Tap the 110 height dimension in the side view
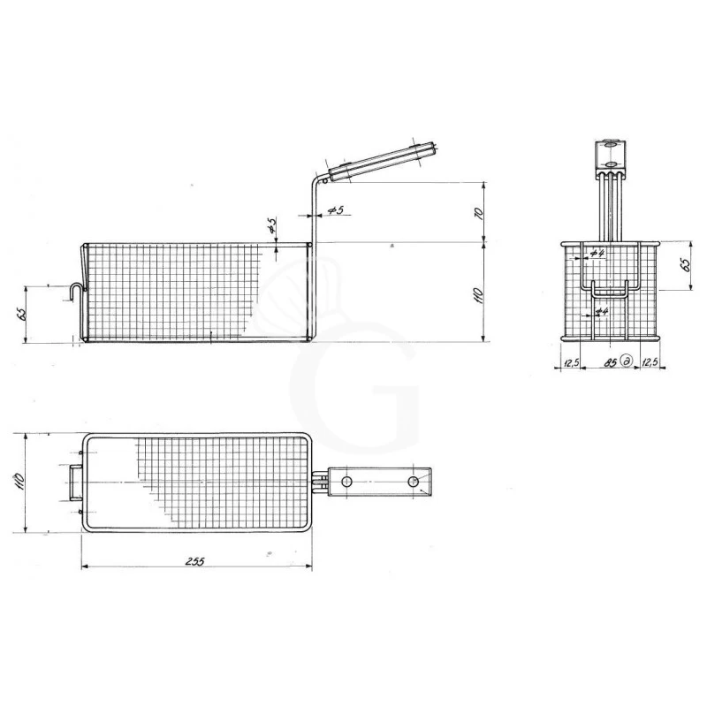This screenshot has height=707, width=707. click(x=479, y=293)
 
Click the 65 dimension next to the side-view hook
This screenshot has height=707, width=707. click(x=19, y=314)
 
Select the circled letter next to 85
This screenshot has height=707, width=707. click(x=626, y=361)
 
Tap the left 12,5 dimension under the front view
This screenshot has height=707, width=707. click(x=570, y=361)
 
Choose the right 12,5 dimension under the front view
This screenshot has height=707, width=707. click(x=649, y=361)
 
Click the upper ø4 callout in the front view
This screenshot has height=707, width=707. click(x=597, y=254)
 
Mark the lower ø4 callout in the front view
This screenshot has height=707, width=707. click(x=601, y=311)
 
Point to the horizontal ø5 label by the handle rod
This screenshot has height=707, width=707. click(x=335, y=210)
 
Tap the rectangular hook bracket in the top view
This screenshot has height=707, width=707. click(x=71, y=483)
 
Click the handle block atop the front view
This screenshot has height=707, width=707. click(x=610, y=155)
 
